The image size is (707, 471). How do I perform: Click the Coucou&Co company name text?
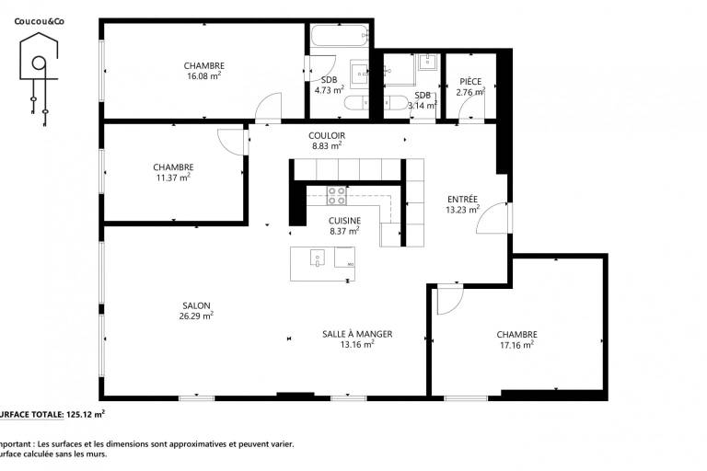coord(40,21)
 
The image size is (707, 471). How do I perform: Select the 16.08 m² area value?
coord(203,75)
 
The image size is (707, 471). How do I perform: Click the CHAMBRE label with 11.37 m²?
coord(173,167)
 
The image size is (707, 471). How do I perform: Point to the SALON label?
coord(196,305)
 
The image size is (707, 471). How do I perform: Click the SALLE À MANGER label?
coord(357,334)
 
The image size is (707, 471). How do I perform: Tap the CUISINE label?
coord(344,221)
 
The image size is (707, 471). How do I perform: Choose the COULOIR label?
coord(327,135)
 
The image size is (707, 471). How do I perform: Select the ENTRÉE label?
coord(462,200)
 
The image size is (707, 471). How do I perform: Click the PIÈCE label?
coord(470,82)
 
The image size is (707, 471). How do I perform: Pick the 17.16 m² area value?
coord(516,345)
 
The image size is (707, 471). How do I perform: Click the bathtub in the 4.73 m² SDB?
coord(340,35)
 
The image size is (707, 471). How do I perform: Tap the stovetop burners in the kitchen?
coord(337,196)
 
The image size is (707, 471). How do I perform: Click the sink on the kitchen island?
coord(318,258)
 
